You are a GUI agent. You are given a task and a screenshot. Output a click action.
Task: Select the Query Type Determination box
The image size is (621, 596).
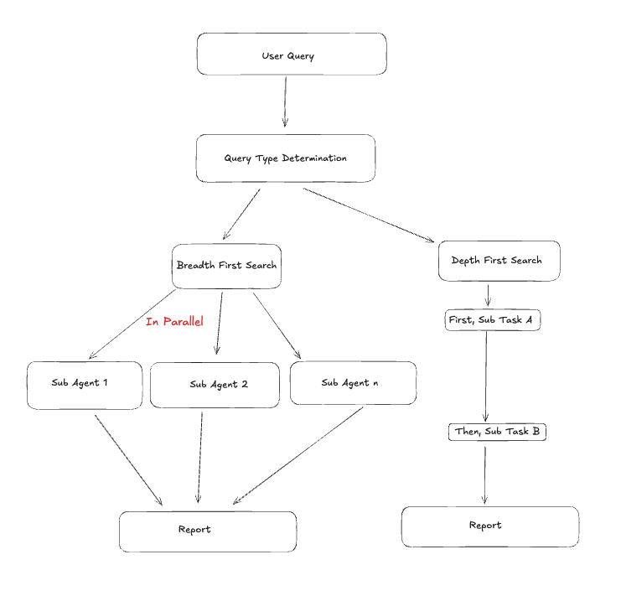285,158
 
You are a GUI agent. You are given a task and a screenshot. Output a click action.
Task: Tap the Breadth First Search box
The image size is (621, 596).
226,266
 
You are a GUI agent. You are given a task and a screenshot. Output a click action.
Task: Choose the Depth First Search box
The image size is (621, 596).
498,261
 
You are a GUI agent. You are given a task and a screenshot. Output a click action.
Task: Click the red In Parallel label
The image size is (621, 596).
174,321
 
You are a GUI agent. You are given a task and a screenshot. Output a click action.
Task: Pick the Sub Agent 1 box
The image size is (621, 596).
84,385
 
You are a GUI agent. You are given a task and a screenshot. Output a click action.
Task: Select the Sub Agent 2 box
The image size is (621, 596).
215,385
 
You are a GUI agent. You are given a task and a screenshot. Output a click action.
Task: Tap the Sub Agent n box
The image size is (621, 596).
352,383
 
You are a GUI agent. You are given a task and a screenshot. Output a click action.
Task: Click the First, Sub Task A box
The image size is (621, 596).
492,319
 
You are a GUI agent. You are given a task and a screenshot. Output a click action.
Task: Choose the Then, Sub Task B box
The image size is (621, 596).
497,432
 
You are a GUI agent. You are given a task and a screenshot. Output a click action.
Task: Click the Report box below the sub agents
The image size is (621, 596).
207,531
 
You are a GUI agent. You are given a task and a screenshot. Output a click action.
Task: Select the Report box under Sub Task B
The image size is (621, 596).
489,526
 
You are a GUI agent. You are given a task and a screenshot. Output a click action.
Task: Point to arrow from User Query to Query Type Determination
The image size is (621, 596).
285,101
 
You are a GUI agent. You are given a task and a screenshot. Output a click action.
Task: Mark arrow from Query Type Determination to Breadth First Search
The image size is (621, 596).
241,215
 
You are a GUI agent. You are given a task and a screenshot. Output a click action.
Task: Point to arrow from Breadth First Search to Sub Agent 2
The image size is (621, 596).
219,323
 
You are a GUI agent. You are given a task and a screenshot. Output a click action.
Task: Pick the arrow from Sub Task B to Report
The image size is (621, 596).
485,474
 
